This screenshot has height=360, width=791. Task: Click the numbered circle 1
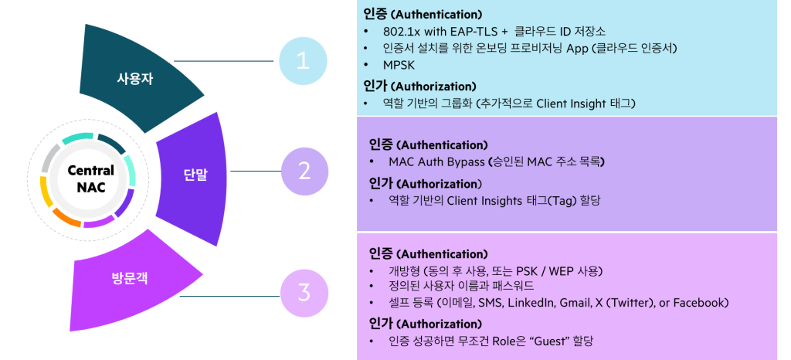[303, 61]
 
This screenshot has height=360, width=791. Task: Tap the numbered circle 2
[304, 171]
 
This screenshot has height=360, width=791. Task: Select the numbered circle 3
[304, 293]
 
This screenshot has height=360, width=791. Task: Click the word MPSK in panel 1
[399, 66]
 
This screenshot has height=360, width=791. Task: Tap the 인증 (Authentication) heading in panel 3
[428, 254]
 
